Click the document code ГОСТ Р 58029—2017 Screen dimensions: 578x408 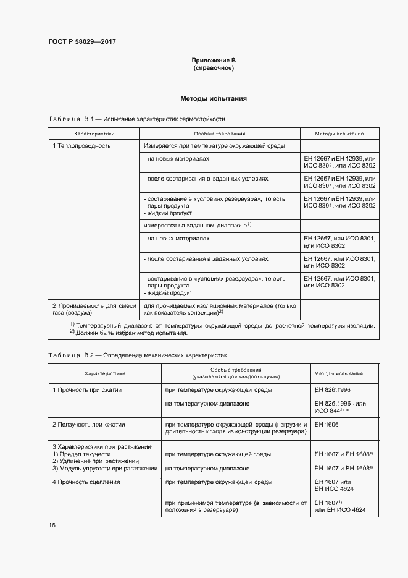(82, 41)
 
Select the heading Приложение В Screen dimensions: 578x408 (214, 60)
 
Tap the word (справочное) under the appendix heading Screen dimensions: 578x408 (214, 67)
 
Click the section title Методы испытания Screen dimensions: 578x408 (214, 98)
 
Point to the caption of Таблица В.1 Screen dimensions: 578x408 (136, 118)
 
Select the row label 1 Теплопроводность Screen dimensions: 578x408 (81, 146)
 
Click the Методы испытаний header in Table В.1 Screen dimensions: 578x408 (339, 134)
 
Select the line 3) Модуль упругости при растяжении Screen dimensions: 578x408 (104, 469)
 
